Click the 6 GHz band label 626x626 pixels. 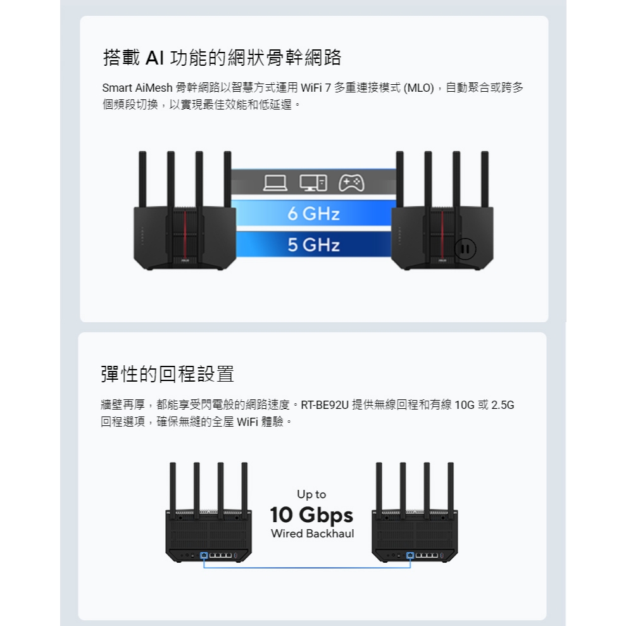(x=313, y=213)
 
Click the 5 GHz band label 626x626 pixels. (x=313, y=245)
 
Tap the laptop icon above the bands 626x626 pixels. (x=275, y=184)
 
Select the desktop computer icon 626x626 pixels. (x=313, y=183)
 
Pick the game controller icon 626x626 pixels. (x=351, y=183)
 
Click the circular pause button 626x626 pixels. (x=465, y=249)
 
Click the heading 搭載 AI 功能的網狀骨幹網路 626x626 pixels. (x=222, y=58)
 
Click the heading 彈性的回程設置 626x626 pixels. (x=167, y=374)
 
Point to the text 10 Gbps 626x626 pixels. (x=311, y=515)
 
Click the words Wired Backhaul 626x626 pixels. (x=312, y=534)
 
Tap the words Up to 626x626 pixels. (x=311, y=494)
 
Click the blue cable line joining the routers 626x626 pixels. (x=307, y=567)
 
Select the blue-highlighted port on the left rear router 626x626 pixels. (x=204, y=555)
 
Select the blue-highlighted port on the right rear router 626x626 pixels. (x=410, y=555)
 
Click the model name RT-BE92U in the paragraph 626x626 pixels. (x=325, y=405)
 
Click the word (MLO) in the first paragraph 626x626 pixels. (x=419, y=88)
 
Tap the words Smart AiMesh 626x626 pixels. (x=137, y=88)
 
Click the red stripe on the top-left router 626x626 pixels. (x=185, y=235)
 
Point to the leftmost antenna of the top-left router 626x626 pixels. (x=142, y=179)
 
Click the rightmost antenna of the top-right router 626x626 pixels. (x=485, y=179)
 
